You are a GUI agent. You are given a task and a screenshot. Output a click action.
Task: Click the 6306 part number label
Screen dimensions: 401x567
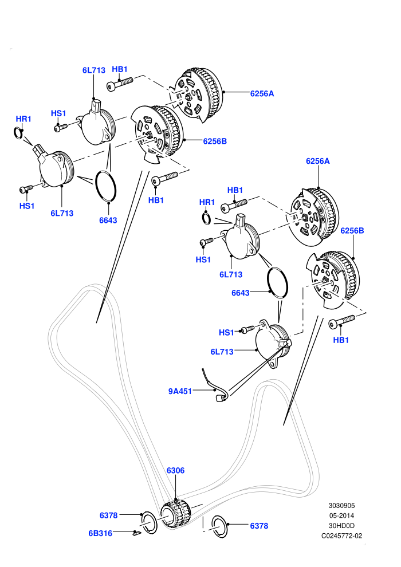point(175,470)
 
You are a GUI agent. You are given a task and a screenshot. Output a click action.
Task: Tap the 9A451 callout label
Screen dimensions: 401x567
point(180,391)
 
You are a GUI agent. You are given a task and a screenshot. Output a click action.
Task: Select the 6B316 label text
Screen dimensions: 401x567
point(100,533)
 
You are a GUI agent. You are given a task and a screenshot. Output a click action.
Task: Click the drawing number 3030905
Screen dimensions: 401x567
point(341,506)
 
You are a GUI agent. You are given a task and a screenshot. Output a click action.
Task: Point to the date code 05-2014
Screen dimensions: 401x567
point(341,515)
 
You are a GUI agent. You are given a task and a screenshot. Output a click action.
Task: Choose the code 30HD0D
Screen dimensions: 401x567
point(341,526)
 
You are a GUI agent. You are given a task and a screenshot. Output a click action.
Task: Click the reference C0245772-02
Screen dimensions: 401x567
point(341,536)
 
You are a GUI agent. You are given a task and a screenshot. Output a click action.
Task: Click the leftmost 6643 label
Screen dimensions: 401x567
point(108,220)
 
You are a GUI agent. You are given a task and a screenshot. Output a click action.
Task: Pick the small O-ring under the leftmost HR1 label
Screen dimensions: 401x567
point(18,133)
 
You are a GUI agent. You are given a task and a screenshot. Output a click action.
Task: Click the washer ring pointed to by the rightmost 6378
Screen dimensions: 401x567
point(219,525)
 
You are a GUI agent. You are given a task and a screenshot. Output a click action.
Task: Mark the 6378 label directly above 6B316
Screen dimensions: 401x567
point(108,515)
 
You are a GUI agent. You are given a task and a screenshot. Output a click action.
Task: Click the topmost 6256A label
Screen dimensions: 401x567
point(262,94)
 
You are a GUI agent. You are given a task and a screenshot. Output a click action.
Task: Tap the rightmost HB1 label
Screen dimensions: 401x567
point(341,340)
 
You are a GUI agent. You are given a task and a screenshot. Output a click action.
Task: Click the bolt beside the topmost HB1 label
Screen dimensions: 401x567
point(120,84)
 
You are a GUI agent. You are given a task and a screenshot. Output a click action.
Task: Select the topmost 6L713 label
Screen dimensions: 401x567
point(93,70)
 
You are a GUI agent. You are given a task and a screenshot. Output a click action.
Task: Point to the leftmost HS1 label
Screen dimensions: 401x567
point(27,206)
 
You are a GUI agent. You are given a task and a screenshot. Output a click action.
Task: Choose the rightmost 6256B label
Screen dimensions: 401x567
point(352,230)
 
